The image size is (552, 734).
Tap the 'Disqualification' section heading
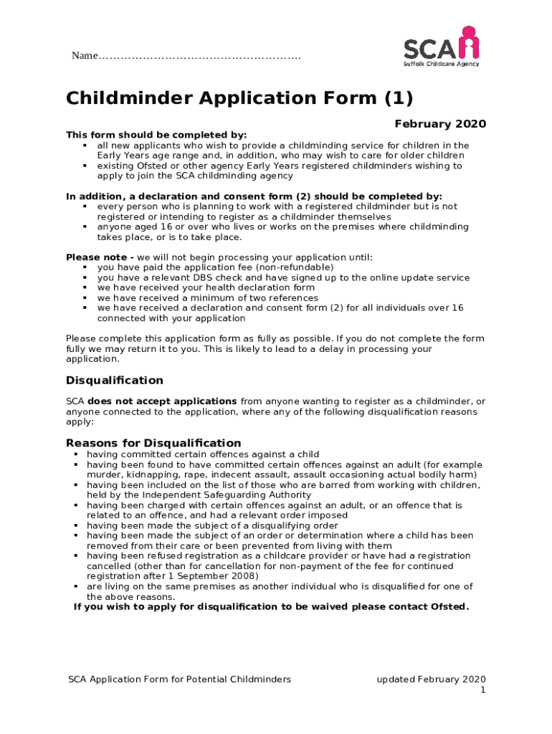pos(115,381)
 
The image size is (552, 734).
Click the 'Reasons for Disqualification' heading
pos(153,443)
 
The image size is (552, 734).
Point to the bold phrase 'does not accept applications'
pos(162,401)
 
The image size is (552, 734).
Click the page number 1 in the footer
pos(483,690)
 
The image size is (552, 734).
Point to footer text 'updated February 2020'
pos(432,680)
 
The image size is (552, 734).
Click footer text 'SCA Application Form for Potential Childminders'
pos(179,680)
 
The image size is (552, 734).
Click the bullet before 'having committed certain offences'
pos(76,454)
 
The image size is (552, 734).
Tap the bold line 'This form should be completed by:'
pos(156,135)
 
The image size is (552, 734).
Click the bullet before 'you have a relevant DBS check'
pos(85,277)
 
